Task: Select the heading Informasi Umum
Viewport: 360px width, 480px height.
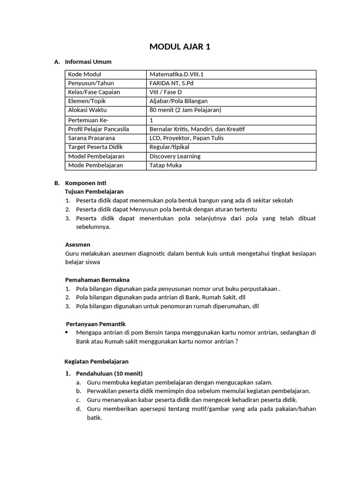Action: pyautogui.click(x=88, y=62)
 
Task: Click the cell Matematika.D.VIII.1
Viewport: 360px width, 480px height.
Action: pyautogui.click(x=176, y=75)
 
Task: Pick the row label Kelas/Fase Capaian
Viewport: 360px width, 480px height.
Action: pyautogui.click(x=94, y=92)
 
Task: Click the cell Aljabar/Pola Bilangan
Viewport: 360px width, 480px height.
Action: pyautogui.click(x=178, y=101)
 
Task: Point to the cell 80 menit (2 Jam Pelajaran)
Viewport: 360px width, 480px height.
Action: pyautogui.click(x=185, y=110)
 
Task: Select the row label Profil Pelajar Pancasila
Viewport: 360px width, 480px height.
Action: pyautogui.click(x=98, y=129)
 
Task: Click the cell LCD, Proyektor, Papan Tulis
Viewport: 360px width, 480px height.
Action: pyautogui.click(x=186, y=138)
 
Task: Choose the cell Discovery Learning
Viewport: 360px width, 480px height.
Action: pyautogui.click(x=175, y=157)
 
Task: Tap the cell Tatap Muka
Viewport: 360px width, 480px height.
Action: pyautogui.click(x=165, y=165)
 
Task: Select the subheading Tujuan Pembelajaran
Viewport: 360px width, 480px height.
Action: pyautogui.click(x=94, y=192)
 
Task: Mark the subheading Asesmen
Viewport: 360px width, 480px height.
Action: pyautogui.click(x=77, y=245)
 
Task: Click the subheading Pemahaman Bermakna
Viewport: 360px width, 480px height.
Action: pyautogui.click(x=97, y=280)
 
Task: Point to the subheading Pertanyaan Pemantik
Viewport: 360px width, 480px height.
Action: pyautogui.click(x=95, y=324)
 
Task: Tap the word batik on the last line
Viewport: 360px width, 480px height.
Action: pyautogui.click(x=94, y=418)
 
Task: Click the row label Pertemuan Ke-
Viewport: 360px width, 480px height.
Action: pyautogui.click(x=89, y=120)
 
